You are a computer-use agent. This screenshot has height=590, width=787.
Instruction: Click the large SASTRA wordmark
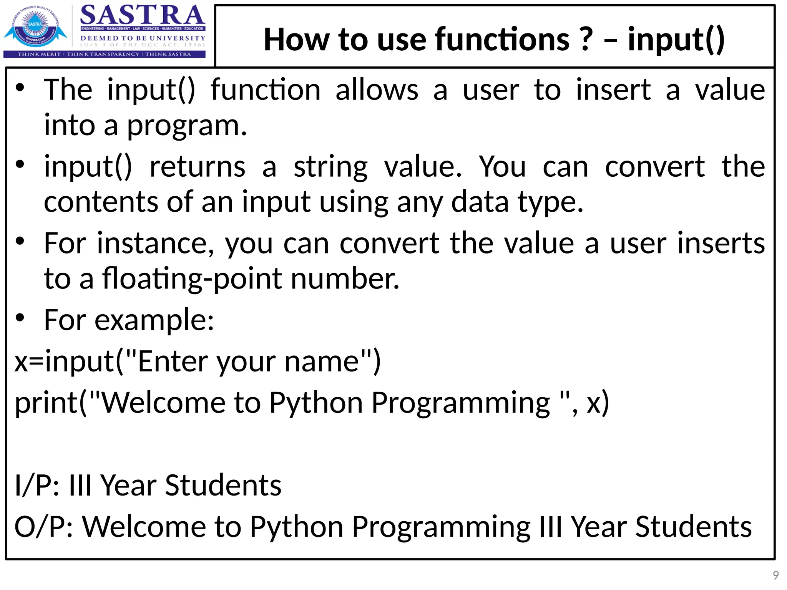[x=142, y=15]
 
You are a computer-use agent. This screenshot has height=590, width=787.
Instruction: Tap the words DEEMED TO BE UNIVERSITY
[x=143, y=38]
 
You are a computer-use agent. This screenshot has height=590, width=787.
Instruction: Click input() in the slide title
[x=676, y=39]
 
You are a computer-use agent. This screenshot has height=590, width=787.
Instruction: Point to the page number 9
[x=775, y=575]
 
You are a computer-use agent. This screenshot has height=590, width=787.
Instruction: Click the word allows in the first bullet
[x=377, y=90]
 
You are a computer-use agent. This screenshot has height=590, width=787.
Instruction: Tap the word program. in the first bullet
[x=187, y=126]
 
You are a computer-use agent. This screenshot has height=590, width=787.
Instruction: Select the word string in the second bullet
[x=330, y=167]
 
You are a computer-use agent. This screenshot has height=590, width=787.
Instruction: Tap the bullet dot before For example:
[x=20, y=318]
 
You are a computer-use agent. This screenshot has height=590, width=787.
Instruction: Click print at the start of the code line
[x=46, y=403]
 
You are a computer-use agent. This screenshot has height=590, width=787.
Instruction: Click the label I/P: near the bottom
[x=37, y=486]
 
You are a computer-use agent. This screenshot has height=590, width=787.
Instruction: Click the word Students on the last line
[x=693, y=527]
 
